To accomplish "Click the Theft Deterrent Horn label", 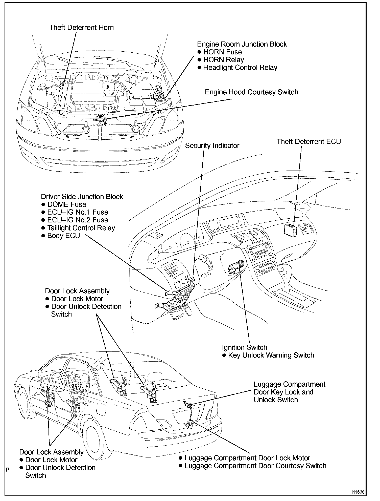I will point(81,27).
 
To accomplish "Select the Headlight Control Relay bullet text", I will point(240,68).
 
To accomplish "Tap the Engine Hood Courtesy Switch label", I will point(251,92).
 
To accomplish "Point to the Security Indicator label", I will point(212,146).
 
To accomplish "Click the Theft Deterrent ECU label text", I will point(308,141).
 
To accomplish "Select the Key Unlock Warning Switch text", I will point(271,355).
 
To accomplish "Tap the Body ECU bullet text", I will point(63,236).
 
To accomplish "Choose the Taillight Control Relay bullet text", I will point(81,228).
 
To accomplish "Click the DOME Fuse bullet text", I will point(67,204).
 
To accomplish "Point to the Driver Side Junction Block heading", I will point(82,197).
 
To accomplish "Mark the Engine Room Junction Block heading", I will point(242,44).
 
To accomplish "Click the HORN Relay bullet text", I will point(224,60).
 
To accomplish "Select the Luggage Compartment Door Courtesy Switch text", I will point(255,466).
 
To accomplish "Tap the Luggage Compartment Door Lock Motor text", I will point(247,458).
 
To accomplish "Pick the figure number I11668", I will point(358,492).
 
